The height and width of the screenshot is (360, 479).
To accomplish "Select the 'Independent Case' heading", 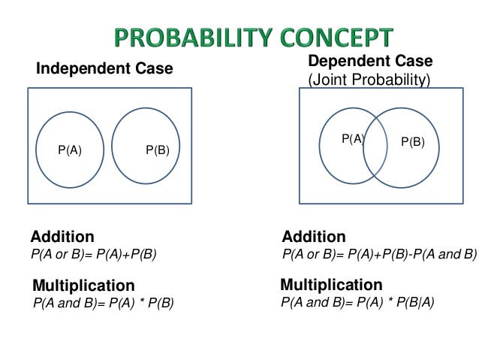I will [104, 68].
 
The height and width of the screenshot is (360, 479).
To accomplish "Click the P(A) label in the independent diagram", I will [70, 150].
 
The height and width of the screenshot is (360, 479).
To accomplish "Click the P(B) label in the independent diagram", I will [158, 150].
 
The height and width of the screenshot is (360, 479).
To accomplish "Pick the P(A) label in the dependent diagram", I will [352, 138].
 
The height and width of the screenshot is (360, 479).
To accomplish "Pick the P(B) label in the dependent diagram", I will [412, 141].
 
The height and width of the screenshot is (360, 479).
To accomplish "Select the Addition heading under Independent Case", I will [62, 237].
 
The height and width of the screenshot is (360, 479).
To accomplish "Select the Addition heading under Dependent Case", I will [314, 237].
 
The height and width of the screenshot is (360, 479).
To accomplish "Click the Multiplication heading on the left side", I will [83, 286].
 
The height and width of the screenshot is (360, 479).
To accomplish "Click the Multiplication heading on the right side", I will [331, 285].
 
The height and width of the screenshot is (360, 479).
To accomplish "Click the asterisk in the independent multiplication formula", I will [140, 303].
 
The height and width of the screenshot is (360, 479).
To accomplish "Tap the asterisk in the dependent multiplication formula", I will [387, 303].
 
